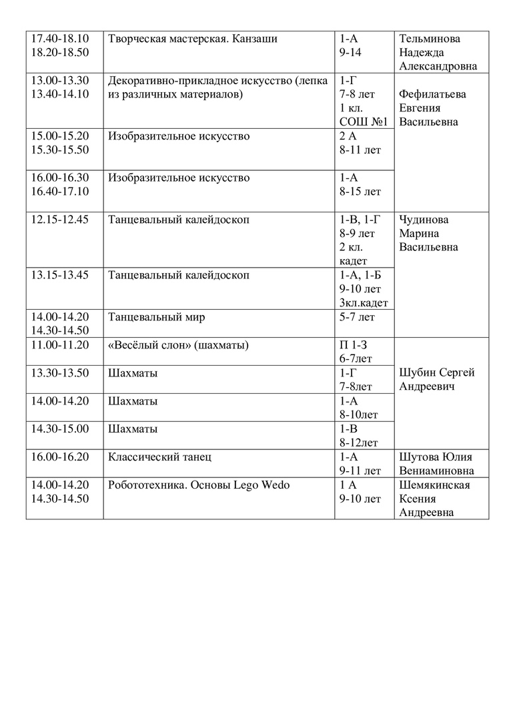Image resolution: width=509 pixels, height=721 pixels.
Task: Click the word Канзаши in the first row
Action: [x=254, y=39]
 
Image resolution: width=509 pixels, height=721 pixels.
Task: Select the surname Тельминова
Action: [x=430, y=39]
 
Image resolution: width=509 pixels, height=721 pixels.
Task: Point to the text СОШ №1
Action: [x=364, y=122]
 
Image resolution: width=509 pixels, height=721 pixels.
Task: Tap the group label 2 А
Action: [x=348, y=136]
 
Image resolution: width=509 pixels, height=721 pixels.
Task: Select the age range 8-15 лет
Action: [x=360, y=192]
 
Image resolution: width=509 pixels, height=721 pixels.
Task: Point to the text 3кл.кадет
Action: [x=364, y=303]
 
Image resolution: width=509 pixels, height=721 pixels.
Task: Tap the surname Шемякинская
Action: [x=434, y=485]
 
